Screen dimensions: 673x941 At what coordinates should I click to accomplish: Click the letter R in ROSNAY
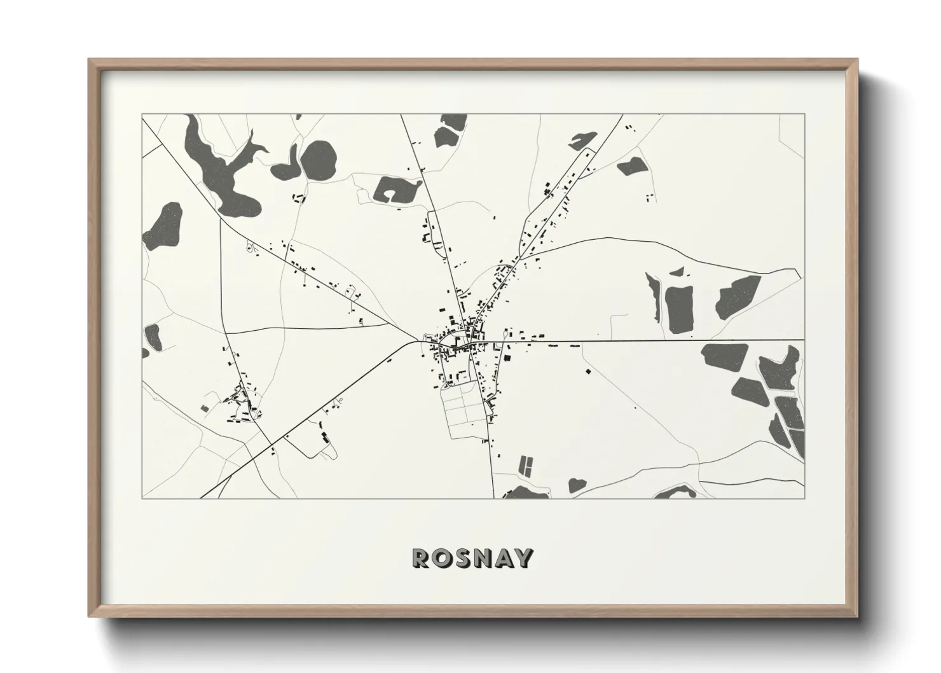pyautogui.click(x=422, y=558)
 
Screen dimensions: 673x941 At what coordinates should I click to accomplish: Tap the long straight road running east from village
pyautogui.click(x=668, y=341)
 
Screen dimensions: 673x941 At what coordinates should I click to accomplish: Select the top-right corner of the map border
pyautogui.click(x=804, y=114)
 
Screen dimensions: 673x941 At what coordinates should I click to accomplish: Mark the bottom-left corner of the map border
pyautogui.click(x=142, y=498)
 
